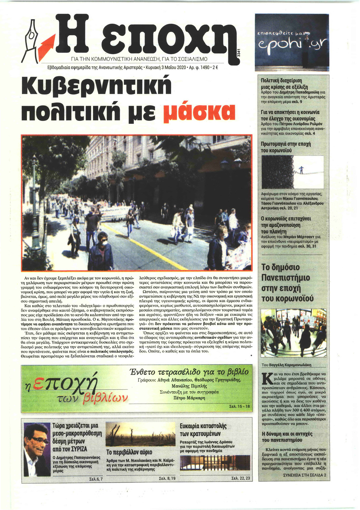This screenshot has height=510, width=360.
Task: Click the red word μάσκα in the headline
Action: (200, 111)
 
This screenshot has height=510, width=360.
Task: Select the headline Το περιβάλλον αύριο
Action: (129, 452)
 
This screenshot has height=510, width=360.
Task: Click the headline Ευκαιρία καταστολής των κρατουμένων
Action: (203, 430)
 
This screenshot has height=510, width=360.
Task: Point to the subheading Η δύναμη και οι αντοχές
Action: (287, 437)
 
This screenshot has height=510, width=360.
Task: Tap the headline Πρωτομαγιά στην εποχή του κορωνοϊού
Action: (286, 147)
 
